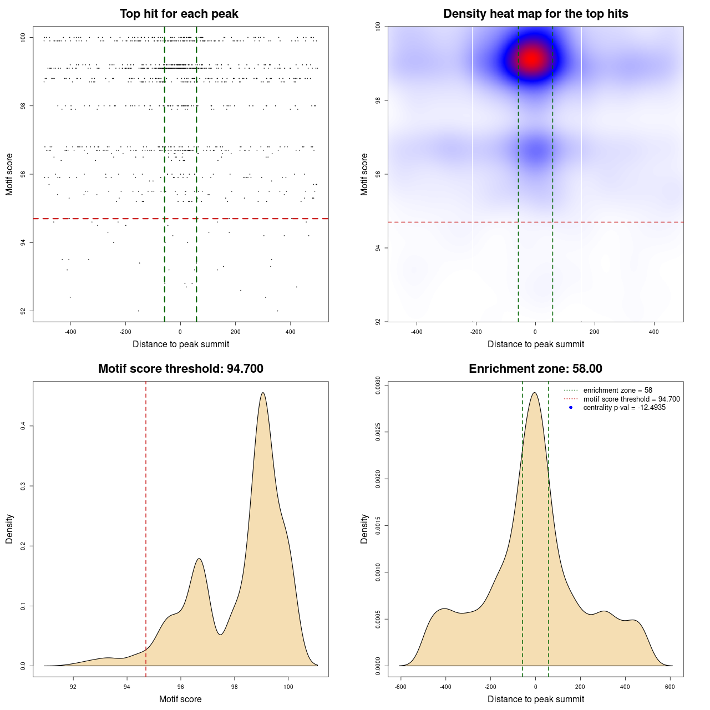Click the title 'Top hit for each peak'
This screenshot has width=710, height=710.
[179, 14]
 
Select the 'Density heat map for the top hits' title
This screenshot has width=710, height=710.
[535, 14]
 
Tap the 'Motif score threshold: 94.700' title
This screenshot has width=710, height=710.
[180, 369]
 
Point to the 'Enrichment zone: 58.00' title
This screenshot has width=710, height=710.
[535, 369]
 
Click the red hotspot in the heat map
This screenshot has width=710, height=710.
[532, 58]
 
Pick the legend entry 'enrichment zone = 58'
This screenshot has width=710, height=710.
[617, 390]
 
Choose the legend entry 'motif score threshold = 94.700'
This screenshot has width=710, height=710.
[631, 399]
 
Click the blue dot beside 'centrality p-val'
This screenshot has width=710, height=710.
[571, 408]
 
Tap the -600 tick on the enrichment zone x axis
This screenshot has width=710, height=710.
[400, 687]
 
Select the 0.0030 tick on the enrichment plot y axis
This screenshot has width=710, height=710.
[378, 385]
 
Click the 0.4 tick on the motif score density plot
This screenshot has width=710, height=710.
[23, 426]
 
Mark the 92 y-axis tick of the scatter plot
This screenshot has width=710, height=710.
[23, 311]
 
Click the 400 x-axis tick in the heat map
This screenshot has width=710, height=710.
[654, 332]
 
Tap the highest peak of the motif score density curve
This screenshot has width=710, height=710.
[263, 393]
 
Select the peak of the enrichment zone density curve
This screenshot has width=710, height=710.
[535, 393]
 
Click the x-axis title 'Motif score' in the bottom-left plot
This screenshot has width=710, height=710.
[180, 699]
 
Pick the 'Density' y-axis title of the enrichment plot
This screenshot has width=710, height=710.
[364, 529]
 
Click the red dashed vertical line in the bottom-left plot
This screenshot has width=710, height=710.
[146, 527]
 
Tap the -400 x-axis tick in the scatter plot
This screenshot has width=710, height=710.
[70, 332]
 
